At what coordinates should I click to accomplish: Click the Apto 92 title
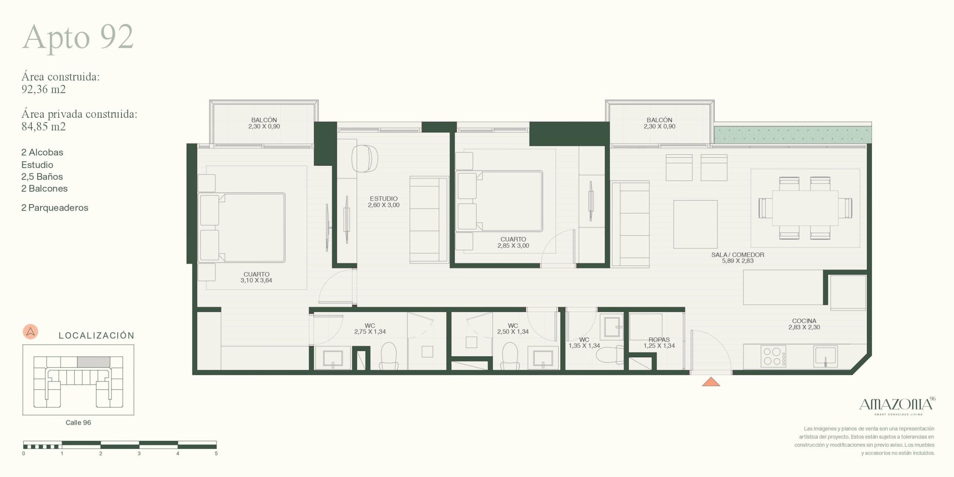tap(78, 38)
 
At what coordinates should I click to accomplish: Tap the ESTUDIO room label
tap(383, 199)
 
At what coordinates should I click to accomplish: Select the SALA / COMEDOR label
tap(737, 255)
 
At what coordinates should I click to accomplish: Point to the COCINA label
tap(804, 321)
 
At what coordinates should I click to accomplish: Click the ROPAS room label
tap(659, 339)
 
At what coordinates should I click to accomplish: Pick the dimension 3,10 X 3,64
tap(256, 280)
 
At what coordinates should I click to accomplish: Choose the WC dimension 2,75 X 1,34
tap(370, 332)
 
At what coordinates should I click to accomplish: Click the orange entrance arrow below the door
tap(711, 382)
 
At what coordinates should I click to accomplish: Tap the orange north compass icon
tap(31, 332)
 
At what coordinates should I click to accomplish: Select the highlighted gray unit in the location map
tap(94, 362)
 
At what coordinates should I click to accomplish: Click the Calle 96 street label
tap(78, 423)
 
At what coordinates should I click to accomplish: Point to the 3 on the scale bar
tap(139, 454)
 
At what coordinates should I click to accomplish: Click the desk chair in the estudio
tap(365, 158)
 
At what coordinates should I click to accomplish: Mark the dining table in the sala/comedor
tap(805, 208)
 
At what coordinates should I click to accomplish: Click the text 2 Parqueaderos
tap(55, 208)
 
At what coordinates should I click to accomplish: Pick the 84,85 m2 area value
tap(44, 127)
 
